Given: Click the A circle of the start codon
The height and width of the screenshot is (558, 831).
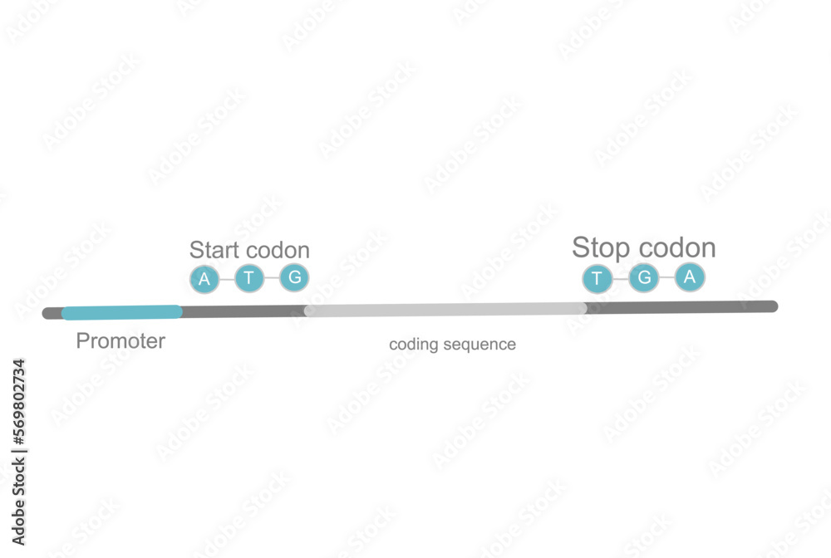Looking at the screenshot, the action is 204,280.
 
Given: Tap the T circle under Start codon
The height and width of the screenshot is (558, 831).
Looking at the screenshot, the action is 249,278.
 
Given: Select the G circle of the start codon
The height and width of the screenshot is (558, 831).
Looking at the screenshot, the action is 294,277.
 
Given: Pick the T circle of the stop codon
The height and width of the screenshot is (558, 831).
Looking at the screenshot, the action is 597,279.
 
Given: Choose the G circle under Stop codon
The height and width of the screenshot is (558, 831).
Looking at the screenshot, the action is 644,278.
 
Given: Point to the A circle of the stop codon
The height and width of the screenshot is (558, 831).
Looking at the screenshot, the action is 689,277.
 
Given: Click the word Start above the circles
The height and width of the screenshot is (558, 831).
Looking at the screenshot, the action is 213,250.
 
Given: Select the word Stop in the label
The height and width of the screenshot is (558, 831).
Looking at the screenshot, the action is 601,247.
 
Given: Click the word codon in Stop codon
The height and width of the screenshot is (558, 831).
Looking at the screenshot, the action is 677,247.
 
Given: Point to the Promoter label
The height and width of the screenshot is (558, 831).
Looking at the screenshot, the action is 120,341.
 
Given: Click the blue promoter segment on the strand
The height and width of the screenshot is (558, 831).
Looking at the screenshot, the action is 122,312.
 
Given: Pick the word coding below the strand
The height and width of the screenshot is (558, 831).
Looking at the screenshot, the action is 412,344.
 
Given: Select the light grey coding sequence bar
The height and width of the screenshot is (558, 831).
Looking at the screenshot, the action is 445,309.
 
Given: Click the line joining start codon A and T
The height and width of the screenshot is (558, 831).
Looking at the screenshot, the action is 227,279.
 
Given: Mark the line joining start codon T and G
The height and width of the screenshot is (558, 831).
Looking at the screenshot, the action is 272,278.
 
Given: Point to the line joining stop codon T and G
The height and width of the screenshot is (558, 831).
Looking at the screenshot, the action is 621,279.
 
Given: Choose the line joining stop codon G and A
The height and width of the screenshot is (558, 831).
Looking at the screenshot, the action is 666,277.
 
